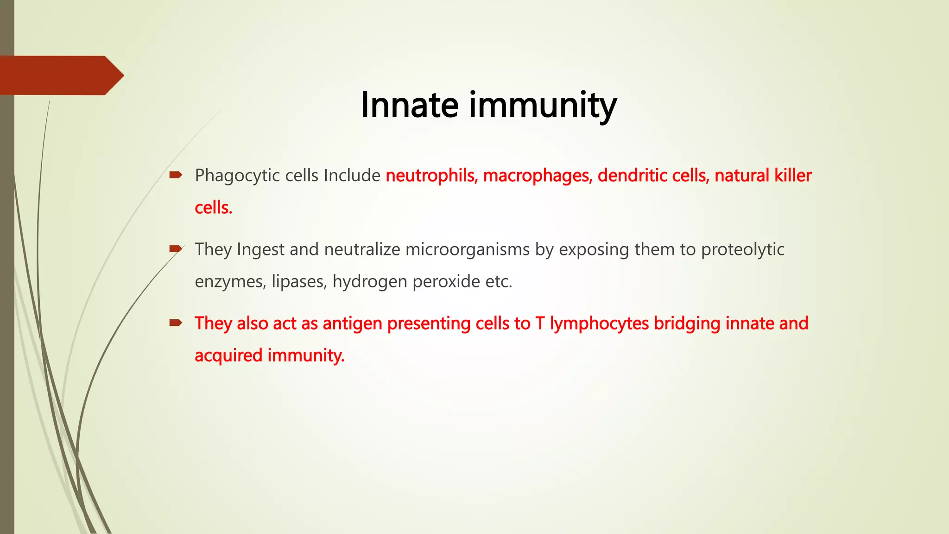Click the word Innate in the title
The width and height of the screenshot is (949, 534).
point(410,105)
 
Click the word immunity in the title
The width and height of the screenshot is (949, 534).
point(543,106)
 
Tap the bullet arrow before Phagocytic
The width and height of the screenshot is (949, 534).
point(176,175)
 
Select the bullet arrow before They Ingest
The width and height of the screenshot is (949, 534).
point(176,249)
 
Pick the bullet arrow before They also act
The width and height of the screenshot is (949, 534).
point(176,323)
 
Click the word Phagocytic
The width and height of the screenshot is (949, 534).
point(237,176)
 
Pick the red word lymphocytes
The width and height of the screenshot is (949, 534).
point(599,324)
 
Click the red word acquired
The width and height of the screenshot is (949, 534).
point(228,356)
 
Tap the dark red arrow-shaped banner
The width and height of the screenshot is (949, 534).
point(60,75)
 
